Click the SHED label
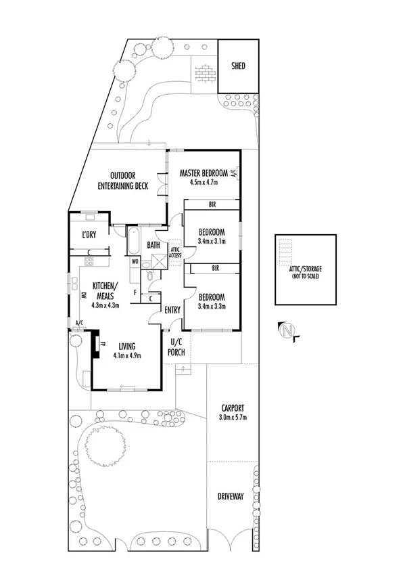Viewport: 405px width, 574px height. [238, 66]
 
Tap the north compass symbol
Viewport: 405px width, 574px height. [289, 330]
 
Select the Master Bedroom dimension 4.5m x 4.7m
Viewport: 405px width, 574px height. [203, 183]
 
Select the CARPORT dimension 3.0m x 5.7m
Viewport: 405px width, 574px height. [232, 418]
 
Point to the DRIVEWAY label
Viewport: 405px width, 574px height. [231, 496]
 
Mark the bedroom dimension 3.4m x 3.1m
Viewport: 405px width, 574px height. [212, 240]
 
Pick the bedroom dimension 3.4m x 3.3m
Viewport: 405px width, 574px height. [212, 306]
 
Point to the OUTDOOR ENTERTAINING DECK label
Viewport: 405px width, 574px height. [122, 180]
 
